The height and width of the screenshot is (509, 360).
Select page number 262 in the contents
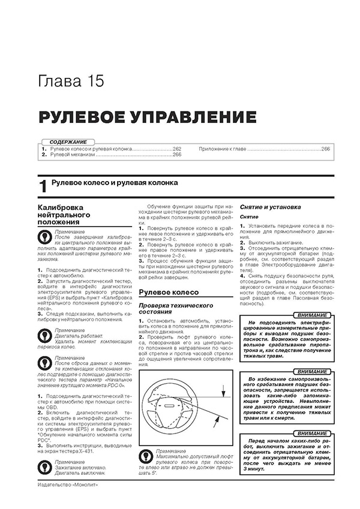pos(177,148)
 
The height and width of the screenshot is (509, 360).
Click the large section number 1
pos(42,186)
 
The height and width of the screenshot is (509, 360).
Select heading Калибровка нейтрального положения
pos(63,214)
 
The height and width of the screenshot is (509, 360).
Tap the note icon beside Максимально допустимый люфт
pos(146,456)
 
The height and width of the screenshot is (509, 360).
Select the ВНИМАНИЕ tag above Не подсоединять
pos(310,315)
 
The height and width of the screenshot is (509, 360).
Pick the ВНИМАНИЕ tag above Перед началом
pos(310,433)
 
